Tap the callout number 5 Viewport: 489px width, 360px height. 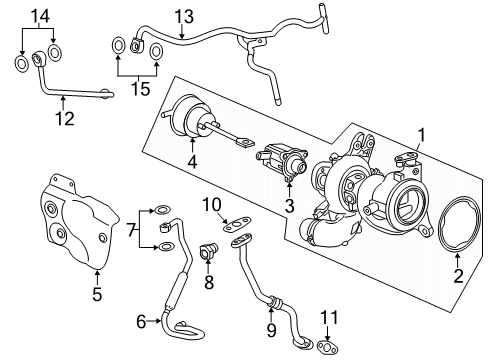(96, 296)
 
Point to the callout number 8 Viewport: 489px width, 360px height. (210, 283)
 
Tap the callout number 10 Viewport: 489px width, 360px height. (211, 205)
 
